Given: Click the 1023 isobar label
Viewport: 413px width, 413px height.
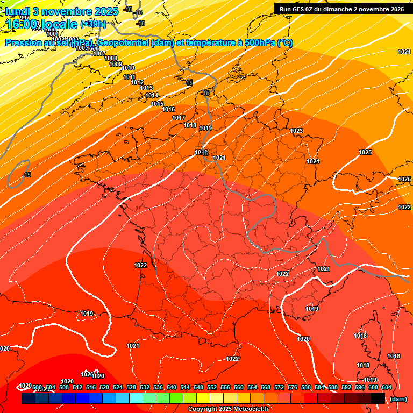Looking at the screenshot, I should (296, 131).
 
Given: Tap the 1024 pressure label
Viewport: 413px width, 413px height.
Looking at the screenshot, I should (313, 162).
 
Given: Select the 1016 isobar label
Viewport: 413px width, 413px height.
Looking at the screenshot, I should (168, 109).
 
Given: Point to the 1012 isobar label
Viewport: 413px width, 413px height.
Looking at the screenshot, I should (137, 82).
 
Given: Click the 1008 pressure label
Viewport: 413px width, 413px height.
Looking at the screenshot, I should (111, 58).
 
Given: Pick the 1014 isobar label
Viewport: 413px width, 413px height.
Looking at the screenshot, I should (152, 96).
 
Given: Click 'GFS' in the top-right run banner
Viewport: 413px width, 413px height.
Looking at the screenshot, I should (303, 9).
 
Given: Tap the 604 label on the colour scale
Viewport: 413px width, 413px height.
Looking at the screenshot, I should (386, 387).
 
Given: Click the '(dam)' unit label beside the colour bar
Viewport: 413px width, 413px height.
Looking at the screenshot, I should (398, 399).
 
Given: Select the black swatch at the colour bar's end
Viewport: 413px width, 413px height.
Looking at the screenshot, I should (378, 398).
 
